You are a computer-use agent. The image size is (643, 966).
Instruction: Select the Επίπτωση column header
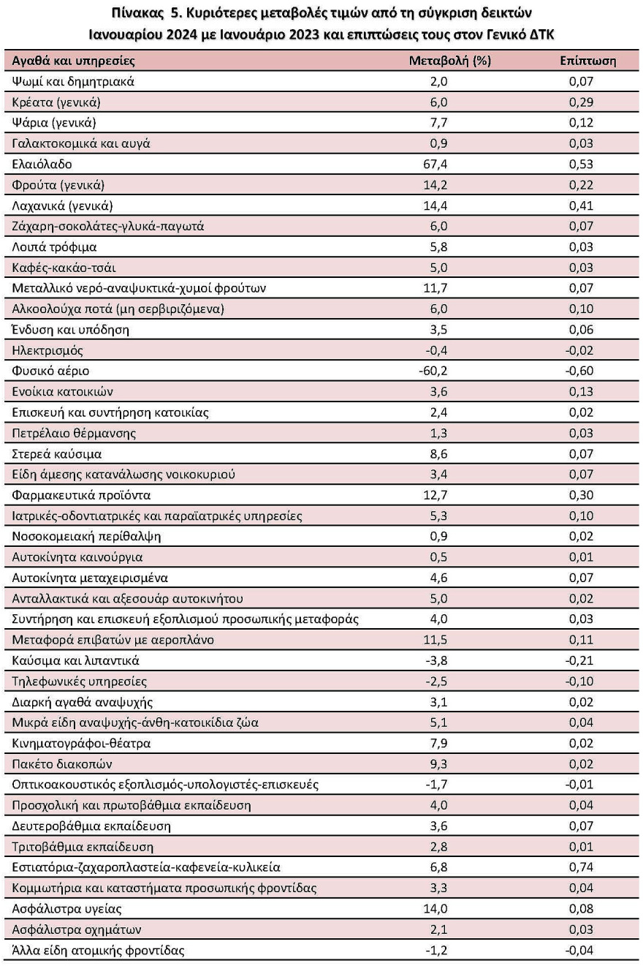point(587,61)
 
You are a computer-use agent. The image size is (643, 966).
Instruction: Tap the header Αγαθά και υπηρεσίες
point(74,61)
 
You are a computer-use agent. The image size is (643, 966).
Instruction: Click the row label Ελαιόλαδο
point(42,165)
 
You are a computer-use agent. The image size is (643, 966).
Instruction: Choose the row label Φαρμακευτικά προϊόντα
point(80,496)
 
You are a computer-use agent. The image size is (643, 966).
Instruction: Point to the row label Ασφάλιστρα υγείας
point(66,910)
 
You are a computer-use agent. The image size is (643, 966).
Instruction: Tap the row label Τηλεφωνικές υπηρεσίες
point(80,682)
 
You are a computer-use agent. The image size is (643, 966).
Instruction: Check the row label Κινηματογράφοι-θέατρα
point(82,744)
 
